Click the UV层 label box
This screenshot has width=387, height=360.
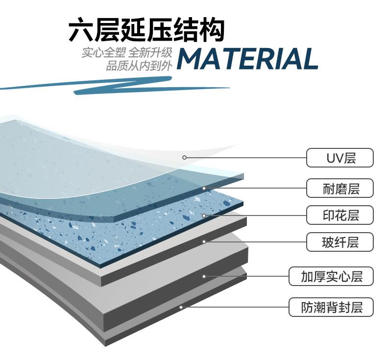[x=340, y=158]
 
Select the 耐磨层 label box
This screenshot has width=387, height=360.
[x=340, y=188]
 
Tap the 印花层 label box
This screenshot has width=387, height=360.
[x=340, y=215]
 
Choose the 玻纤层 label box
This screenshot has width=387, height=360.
[x=340, y=242]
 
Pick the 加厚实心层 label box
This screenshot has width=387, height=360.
[x=331, y=276]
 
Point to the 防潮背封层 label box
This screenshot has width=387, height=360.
[x=331, y=307]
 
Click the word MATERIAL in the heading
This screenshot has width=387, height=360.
[x=247, y=59]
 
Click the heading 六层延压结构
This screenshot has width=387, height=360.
[x=146, y=30]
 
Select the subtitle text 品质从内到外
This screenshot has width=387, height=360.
[x=139, y=66]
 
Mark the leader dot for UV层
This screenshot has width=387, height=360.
[x=185, y=157]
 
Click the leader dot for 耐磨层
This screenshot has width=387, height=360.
[x=204, y=188]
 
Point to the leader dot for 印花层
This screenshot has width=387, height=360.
[x=204, y=215]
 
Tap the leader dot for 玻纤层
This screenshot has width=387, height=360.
[x=204, y=241]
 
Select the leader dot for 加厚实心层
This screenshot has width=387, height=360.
[x=204, y=276]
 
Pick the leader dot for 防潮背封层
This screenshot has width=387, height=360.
[x=181, y=307]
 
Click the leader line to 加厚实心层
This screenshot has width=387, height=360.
[x=245, y=276]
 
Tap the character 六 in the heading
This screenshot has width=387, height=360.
[x=82, y=30]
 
